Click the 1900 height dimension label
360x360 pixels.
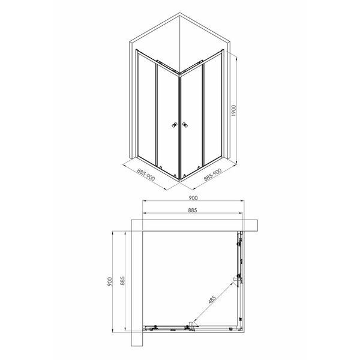click(234, 110)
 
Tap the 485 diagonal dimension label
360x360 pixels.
click(212, 299)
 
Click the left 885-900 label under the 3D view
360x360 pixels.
click(146, 175)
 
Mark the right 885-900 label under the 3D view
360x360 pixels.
click(212, 175)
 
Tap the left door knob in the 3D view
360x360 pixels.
click(175, 125)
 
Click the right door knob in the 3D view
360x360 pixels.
click(185, 125)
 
